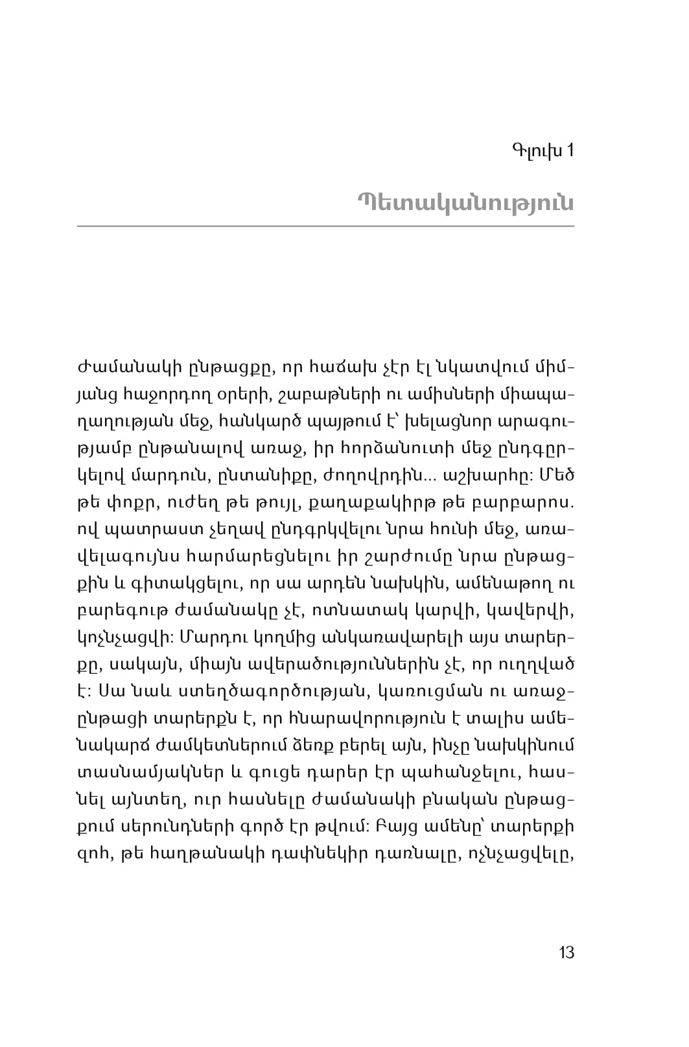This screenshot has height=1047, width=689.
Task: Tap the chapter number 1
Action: [570, 152]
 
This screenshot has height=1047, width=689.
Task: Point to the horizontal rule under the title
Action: [325, 226]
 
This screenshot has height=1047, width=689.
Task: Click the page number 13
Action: [566, 952]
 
